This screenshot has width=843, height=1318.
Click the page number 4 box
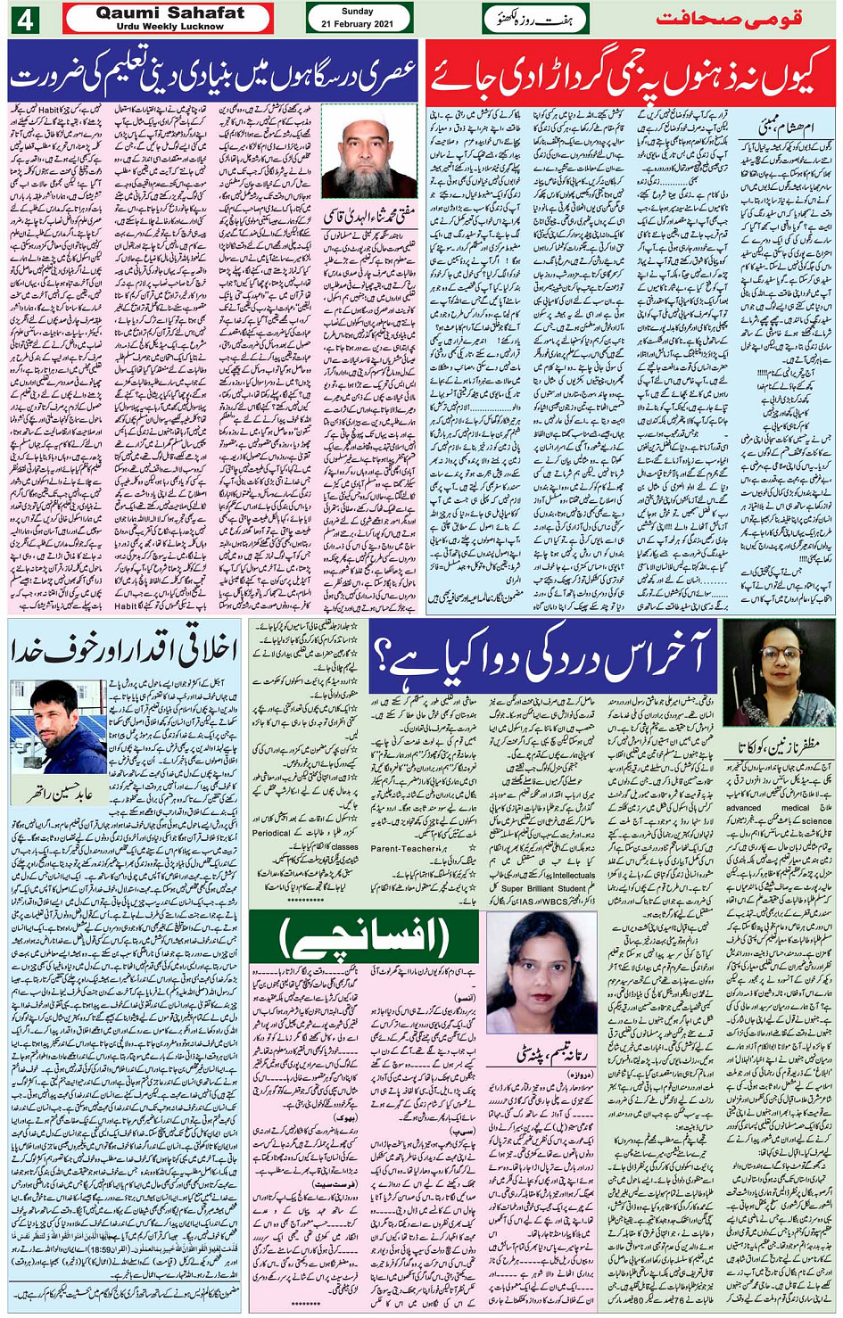coord(24,19)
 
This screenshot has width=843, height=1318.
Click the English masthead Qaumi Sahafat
coord(169,12)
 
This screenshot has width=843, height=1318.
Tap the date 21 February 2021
coord(358,24)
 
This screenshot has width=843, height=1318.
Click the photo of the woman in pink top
coord(540,972)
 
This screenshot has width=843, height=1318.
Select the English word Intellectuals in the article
coord(572,875)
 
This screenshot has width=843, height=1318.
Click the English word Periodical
coord(274,833)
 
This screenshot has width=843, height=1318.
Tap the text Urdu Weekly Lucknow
coord(169,26)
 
